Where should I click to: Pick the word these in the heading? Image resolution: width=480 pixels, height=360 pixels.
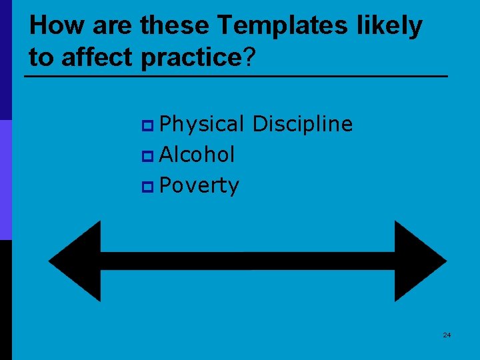coord(176,25)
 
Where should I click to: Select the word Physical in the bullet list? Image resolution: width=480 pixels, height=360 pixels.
coord(203,125)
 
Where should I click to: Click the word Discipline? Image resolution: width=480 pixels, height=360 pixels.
coord(303,124)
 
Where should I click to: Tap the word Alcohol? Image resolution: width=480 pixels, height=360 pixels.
coord(197,155)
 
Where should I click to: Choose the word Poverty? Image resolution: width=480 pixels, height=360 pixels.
coord(199,186)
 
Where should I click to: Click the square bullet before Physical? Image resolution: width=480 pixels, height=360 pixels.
coord(148,125)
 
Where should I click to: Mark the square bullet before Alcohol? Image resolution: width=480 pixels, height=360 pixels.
coord(148,156)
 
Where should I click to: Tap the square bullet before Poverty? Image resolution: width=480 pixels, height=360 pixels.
coord(148,187)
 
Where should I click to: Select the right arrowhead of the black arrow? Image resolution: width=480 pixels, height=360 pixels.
coord(419,261)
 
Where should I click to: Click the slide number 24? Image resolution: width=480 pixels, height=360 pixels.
coord(447,335)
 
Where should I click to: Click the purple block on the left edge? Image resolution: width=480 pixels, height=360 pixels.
coord(5,180)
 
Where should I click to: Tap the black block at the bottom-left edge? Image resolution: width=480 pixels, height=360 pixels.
coord(5,300)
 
